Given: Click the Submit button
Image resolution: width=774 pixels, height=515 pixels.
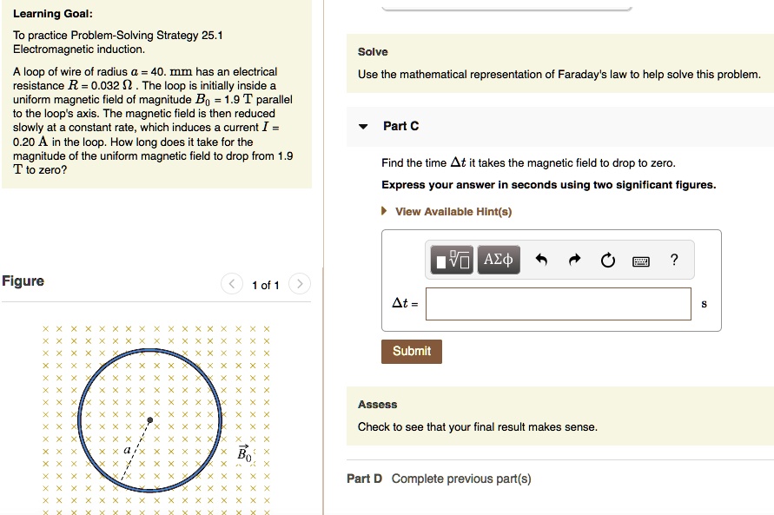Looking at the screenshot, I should pos(412,351).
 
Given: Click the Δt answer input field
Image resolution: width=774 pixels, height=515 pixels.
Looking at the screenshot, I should pos(559,304).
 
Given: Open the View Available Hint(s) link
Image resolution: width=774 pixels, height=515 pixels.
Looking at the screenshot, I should pos(453,212).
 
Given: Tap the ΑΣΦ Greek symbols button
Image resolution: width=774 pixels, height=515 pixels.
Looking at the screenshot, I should pos(499,260).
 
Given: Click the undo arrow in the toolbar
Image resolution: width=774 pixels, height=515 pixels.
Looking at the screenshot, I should pos(542,260).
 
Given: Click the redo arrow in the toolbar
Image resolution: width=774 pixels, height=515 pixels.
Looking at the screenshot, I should pos(574,260).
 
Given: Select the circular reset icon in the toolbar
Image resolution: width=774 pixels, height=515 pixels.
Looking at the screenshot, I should pos(607,260).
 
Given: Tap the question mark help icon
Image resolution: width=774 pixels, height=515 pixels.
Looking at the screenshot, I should pos(674,259).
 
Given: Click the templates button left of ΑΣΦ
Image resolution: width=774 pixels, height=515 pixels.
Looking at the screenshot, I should pos(453,260).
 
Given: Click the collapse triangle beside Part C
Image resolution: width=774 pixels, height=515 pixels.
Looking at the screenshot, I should pos(363,127).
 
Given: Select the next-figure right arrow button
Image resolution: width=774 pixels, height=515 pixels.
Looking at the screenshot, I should pos(298,284).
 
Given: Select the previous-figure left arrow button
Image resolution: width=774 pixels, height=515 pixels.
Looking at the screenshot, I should pos(233,284).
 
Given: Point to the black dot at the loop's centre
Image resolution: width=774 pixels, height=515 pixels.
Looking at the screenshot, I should pos(150,420).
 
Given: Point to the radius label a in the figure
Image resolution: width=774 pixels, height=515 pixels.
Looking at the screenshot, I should pos(127,450).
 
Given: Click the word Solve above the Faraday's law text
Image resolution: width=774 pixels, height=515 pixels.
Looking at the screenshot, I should pos(373,52).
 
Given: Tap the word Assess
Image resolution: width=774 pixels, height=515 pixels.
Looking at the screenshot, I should pos(377,405).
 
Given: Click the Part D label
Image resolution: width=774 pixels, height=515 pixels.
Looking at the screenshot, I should pos(364,479).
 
